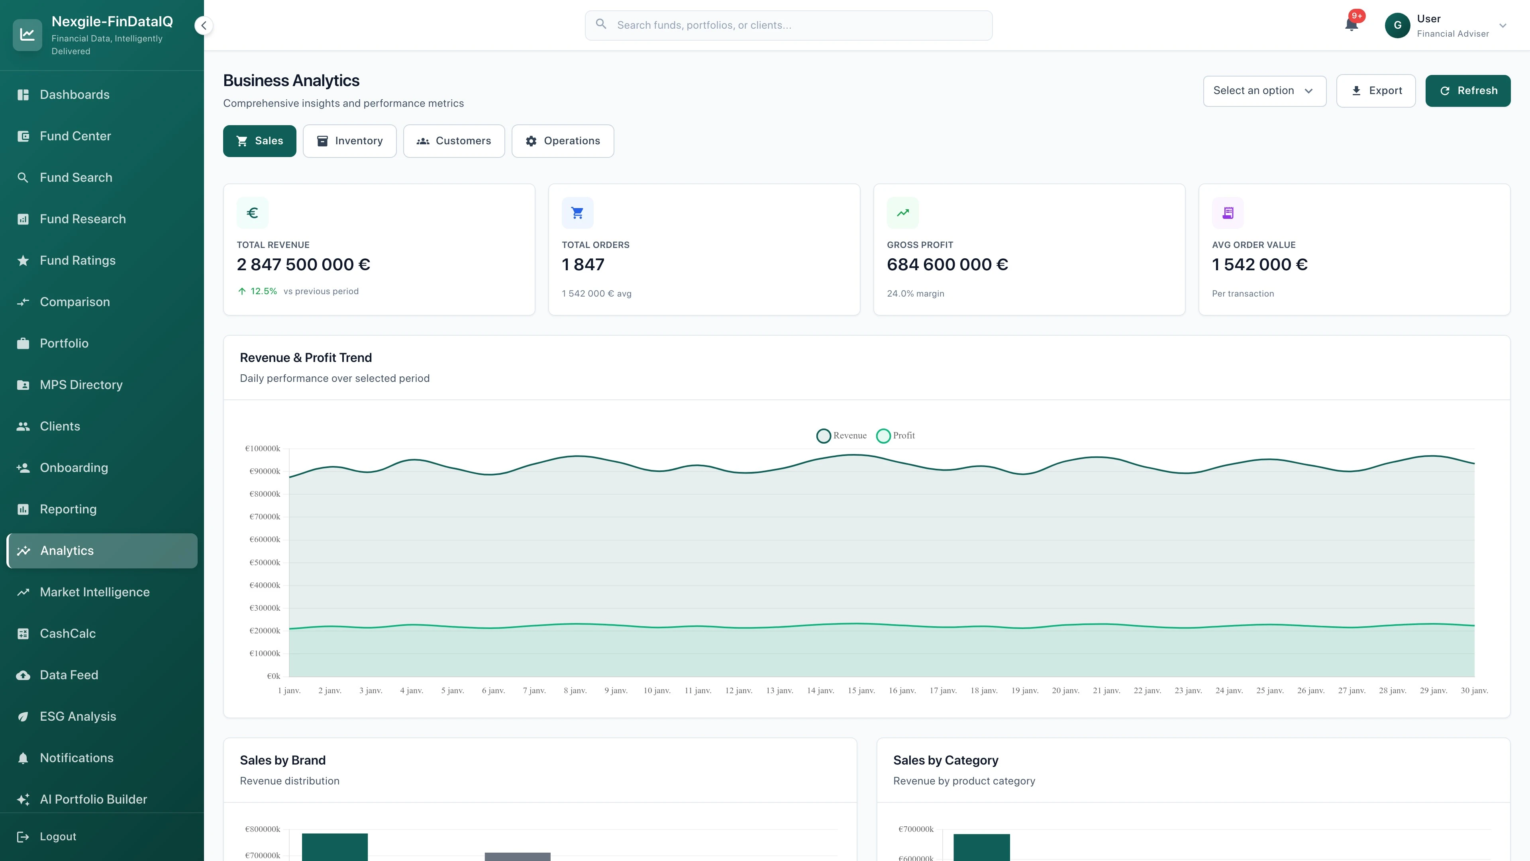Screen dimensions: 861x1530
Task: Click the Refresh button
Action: tap(1467, 91)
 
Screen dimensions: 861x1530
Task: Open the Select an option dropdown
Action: tap(1264, 91)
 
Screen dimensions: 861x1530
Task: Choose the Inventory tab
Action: tap(349, 141)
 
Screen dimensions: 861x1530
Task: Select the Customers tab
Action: tap(454, 141)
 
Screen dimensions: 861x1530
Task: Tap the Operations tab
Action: tap(563, 141)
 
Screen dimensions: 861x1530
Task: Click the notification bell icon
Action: tap(1351, 25)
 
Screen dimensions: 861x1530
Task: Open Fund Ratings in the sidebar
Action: tap(77, 260)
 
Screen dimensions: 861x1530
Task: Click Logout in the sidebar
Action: tap(58, 837)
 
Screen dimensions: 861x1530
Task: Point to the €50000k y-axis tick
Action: tap(264, 562)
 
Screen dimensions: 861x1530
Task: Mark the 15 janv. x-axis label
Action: tap(861, 690)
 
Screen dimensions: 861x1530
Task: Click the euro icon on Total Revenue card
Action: tap(253, 213)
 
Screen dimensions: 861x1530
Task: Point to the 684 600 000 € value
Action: tap(947, 264)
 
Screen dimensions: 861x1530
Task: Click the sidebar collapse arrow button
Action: tap(204, 26)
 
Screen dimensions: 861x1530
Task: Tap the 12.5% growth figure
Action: tap(263, 291)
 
